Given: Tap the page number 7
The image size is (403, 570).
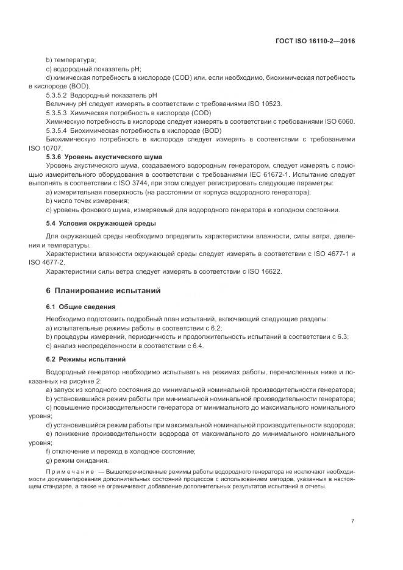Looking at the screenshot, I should pyautogui.click(x=353, y=521).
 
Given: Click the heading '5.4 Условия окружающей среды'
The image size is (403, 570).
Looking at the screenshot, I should pyautogui.click(x=92, y=223).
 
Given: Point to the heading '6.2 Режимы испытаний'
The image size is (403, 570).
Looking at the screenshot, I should pyautogui.click(x=79, y=360).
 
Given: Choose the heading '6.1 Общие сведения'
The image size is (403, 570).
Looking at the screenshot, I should pyautogui.click(x=76, y=307).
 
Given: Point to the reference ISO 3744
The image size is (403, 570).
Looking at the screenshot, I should pyautogui.click(x=175, y=183).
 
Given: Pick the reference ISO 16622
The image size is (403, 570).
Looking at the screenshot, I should pyautogui.click(x=264, y=271).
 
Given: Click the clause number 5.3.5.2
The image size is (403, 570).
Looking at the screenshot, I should pyautogui.click(x=57, y=96).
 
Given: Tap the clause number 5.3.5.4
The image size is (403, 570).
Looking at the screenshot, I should pyautogui.click(x=57, y=131).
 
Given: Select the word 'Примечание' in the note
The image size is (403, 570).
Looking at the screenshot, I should pyautogui.click(x=68, y=472).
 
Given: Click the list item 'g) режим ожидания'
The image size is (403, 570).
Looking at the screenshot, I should pyautogui.click(x=74, y=460).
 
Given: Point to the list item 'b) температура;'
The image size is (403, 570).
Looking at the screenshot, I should pyautogui.click(x=71, y=60).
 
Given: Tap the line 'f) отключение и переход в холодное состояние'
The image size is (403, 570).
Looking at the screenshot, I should pyautogui.click(x=120, y=451).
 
